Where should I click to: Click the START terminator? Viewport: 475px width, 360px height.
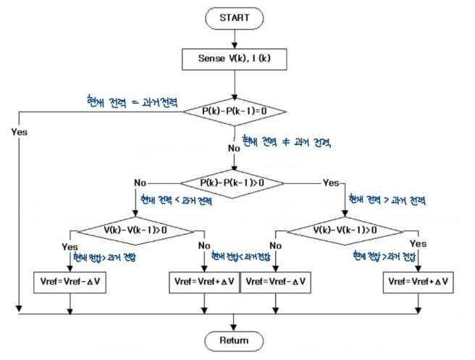234,18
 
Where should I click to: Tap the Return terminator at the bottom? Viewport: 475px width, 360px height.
234,340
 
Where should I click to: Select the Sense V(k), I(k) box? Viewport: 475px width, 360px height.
234,57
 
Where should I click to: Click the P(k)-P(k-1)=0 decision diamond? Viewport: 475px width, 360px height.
234,111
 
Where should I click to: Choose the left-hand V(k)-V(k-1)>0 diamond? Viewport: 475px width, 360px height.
135,230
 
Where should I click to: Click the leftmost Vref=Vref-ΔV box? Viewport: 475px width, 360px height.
70,280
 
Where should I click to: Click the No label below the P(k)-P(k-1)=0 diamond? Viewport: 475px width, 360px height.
234,148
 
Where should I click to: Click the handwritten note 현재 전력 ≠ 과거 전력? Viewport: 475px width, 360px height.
286,142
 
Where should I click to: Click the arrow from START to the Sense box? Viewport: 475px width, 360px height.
234,38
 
